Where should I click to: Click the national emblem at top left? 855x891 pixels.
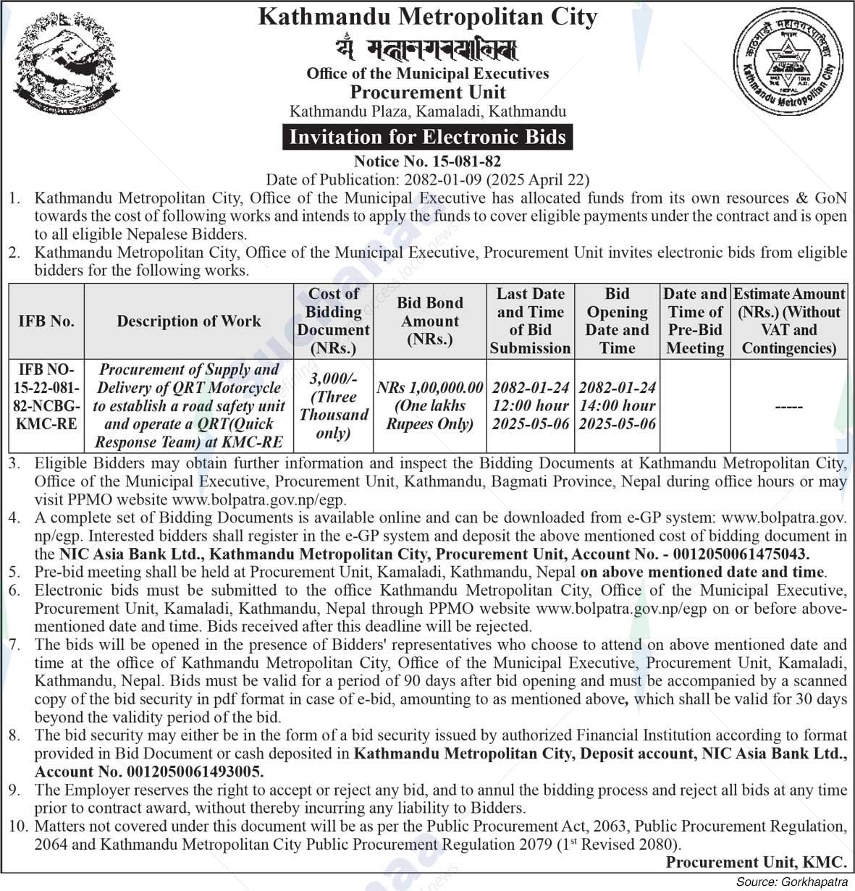coord(67,67)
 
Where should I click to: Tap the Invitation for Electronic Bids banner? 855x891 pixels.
coord(427,137)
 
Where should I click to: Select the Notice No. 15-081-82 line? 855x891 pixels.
coord(427,161)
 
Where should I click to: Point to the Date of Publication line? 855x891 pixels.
coord(427,180)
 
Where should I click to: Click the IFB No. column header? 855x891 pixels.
coord(46,321)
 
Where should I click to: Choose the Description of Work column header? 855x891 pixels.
coord(188,321)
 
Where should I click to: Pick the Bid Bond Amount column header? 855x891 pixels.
coord(430,321)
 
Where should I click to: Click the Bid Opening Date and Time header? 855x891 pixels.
coord(618,321)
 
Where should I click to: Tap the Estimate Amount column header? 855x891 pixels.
coord(789,321)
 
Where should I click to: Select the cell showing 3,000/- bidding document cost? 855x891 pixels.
coord(333,405)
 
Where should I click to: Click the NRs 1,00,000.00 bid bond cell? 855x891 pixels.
coord(430,406)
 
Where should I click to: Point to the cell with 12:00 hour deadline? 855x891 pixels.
coord(531,406)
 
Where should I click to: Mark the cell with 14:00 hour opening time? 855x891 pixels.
coord(618,406)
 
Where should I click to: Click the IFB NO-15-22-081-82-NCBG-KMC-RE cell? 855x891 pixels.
coord(46,397)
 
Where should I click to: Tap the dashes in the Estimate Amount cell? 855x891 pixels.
coord(788,408)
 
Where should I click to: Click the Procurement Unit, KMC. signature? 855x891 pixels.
coord(756,862)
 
